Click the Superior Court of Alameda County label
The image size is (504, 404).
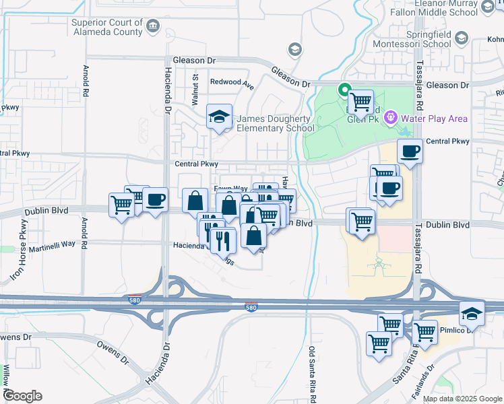(x=106, y=27)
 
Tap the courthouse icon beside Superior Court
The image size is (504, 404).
(x=154, y=26)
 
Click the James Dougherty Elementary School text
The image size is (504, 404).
(x=275, y=123)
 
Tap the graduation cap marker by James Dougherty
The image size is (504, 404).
(x=218, y=117)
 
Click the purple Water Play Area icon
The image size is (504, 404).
(x=389, y=119)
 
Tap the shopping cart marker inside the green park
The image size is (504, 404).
(x=360, y=102)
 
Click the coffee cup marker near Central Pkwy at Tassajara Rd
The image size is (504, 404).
(x=409, y=151)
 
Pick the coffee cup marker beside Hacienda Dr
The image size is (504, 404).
(x=155, y=200)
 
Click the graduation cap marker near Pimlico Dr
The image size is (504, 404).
(x=472, y=313)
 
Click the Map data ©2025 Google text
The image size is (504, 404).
(x=462, y=399)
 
